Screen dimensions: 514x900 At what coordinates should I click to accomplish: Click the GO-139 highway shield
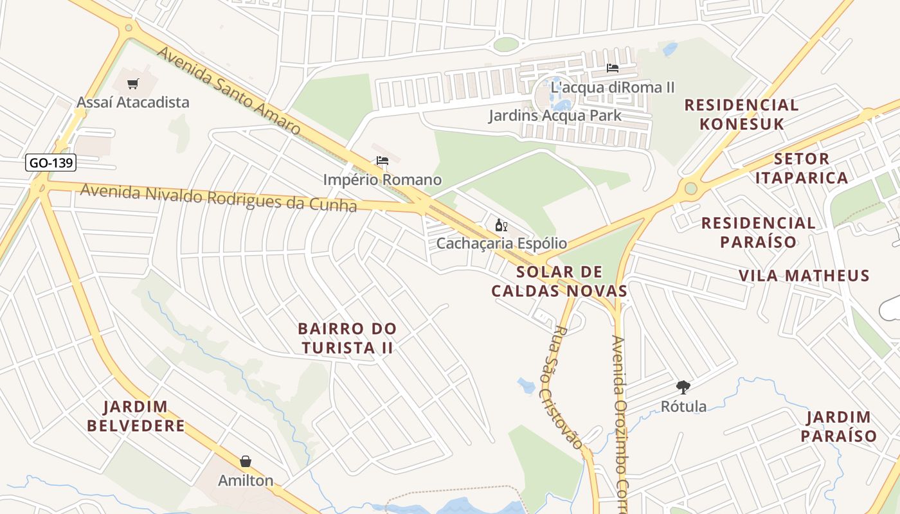(51, 163)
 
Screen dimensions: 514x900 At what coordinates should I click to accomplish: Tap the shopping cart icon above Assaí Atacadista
(133, 84)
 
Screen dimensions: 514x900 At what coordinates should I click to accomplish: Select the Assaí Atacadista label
(133, 102)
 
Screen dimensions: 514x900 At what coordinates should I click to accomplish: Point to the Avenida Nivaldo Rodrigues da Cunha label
(218, 197)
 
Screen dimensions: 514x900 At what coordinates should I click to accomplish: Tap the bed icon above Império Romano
(382, 161)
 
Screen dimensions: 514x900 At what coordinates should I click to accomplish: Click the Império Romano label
(382, 180)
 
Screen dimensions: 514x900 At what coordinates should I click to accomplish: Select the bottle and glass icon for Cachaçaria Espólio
(501, 225)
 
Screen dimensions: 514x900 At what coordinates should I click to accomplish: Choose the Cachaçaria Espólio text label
(501, 244)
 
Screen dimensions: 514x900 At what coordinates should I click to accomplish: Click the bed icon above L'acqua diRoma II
(613, 67)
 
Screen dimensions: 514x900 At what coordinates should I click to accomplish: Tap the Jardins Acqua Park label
(555, 116)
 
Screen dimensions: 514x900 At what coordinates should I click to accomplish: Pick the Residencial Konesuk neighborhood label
(741, 114)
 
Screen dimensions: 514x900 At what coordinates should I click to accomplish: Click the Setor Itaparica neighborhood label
(802, 168)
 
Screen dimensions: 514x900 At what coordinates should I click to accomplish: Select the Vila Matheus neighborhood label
(804, 276)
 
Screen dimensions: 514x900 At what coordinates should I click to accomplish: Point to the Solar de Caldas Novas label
(559, 281)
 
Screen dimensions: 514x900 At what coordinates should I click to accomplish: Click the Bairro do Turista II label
(347, 338)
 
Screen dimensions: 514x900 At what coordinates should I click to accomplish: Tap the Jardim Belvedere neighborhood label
(136, 416)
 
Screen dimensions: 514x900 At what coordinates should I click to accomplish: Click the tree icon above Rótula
(683, 387)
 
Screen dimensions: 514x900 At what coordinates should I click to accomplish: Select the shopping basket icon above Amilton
(245, 461)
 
